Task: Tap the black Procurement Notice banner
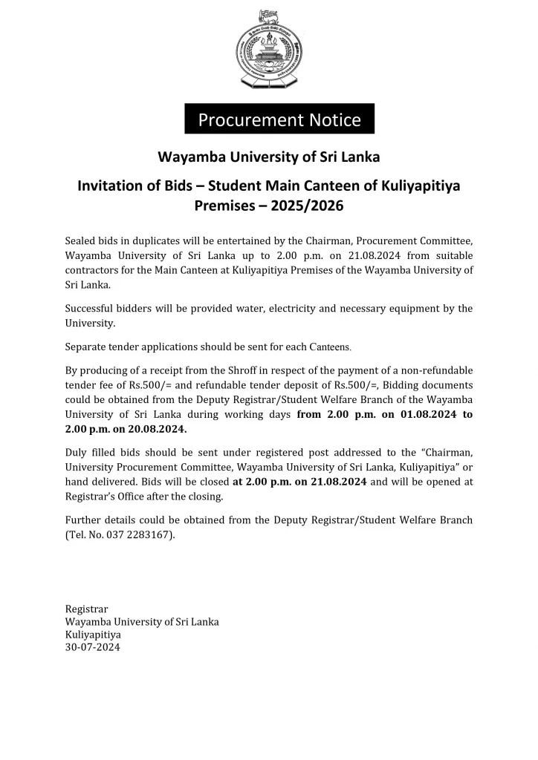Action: tap(279, 119)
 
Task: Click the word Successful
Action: tap(91, 309)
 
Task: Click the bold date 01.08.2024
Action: tap(430, 415)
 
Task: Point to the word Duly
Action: tap(77, 452)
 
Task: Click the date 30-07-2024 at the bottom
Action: tap(93, 648)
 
